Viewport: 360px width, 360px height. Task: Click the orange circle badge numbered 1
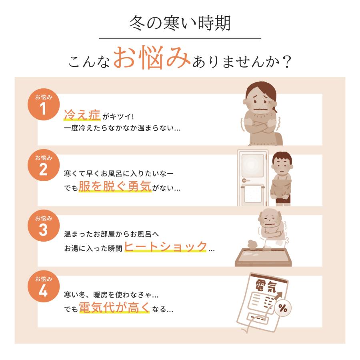pos(44,104)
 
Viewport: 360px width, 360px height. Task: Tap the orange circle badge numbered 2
pos(44,165)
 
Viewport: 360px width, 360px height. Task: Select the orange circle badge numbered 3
pos(44,226)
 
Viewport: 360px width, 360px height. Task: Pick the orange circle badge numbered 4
pos(44,286)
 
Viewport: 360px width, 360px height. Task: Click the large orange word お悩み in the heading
pos(152,57)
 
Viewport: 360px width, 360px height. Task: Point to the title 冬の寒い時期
pos(180,23)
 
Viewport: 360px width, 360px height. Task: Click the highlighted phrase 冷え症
pos(82,115)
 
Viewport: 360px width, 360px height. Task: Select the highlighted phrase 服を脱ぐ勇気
pos(115,186)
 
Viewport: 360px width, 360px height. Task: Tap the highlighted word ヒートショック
pos(166,246)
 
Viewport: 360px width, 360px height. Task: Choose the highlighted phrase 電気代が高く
pos(114,307)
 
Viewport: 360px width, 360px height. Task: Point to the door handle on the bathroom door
pos(246,181)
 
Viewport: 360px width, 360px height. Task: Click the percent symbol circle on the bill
pos(283,308)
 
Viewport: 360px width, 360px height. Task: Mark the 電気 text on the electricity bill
pos(266,286)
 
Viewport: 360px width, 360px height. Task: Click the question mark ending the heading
pos(287,62)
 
